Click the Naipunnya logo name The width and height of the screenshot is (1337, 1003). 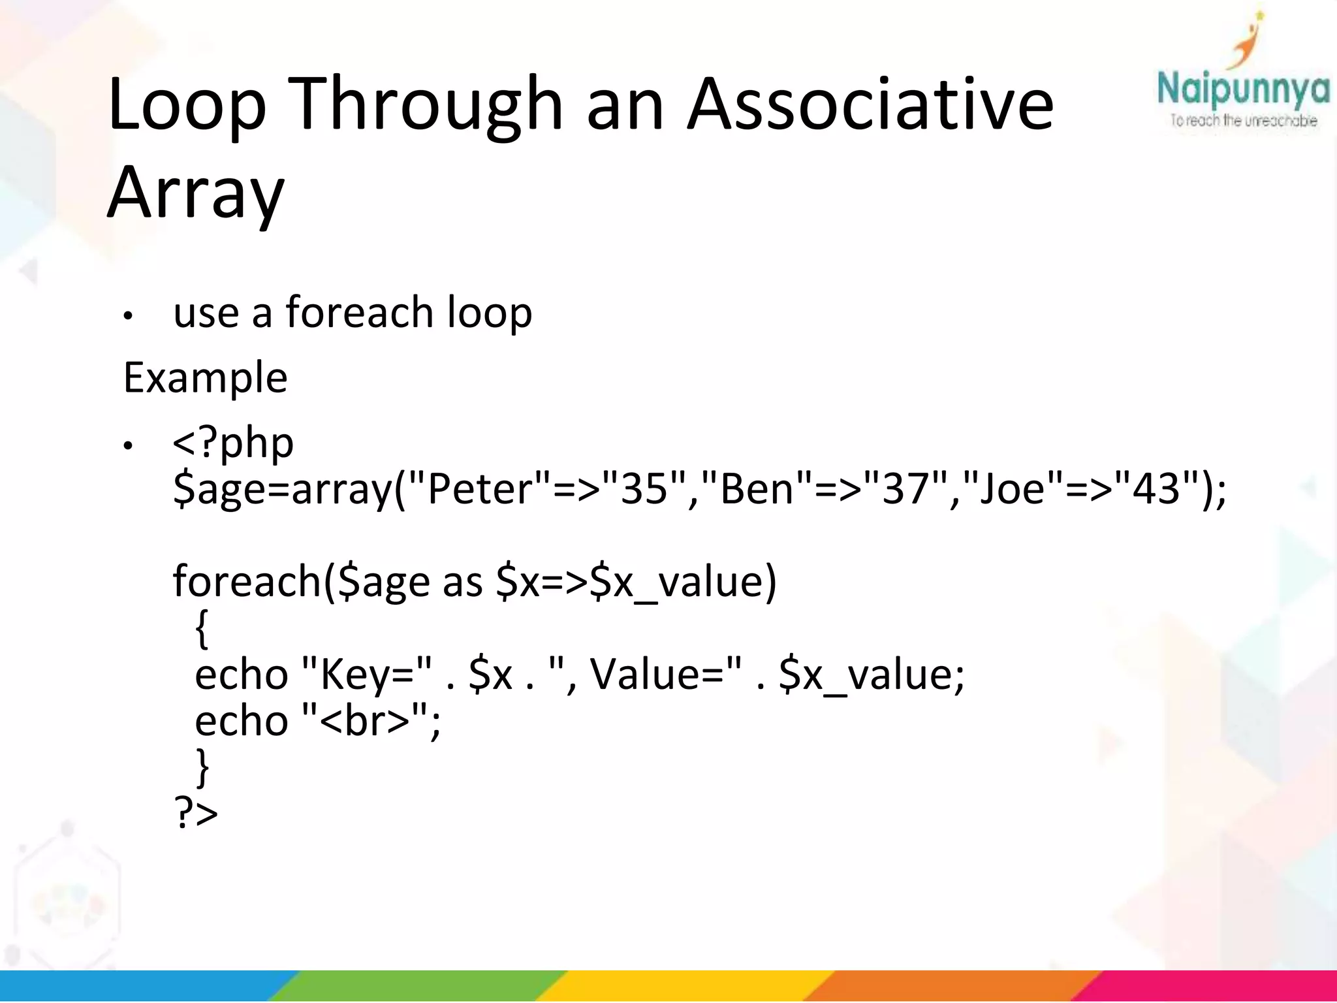pyautogui.click(x=1243, y=91)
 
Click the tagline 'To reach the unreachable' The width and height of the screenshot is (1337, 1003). pyautogui.click(x=1243, y=121)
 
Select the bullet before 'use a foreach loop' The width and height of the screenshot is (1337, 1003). pyautogui.click(x=129, y=316)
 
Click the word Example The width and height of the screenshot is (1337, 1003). pyautogui.click(x=205, y=378)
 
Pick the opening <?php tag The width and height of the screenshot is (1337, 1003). pyautogui.click(x=233, y=443)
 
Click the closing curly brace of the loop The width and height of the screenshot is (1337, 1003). pyautogui.click(x=202, y=768)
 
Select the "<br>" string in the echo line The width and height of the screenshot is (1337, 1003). pyautogui.click(x=365, y=721)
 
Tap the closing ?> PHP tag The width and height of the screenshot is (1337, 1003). pyautogui.click(x=196, y=813)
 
